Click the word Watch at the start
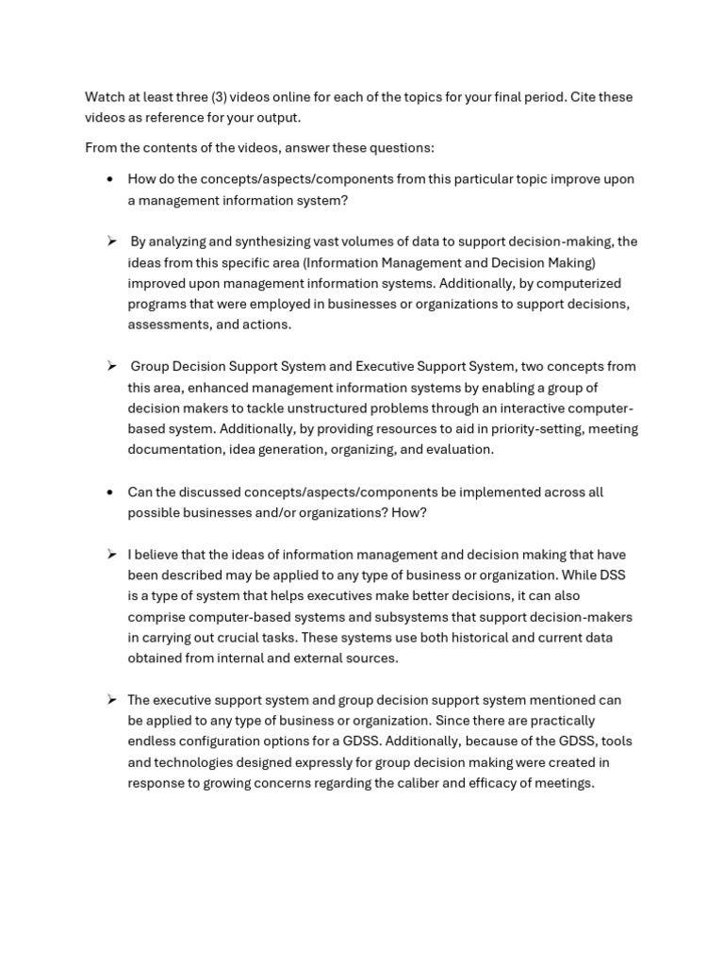click(x=105, y=97)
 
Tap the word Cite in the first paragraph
click(x=587, y=97)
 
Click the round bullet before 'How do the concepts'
click(x=110, y=179)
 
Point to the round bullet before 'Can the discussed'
click(x=110, y=492)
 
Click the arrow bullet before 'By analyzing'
click(x=111, y=241)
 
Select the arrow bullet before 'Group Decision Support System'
click(x=111, y=366)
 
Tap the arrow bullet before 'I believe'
click(x=111, y=555)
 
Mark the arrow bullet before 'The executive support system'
click(x=111, y=700)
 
